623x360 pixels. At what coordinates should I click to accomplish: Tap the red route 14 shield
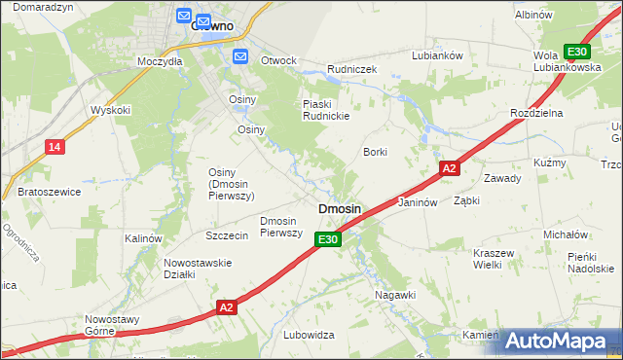tap(55, 147)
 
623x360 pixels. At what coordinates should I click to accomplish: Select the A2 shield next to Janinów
tap(448, 168)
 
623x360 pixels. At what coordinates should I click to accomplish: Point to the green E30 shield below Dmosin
tap(329, 239)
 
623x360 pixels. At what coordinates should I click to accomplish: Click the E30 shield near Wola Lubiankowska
tap(577, 52)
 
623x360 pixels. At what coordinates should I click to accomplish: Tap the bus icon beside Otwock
tap(241, 56)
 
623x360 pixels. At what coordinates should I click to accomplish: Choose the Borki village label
tap(376, 153)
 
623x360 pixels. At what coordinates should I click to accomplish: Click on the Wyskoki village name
tap(110, 110)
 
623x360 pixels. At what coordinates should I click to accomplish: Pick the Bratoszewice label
tap(49, 193)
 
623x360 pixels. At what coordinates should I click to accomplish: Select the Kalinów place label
tap(142, 238)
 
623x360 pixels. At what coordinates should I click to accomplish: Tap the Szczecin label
tap(226, 236)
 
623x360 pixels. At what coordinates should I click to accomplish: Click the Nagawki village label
tap(395, 294)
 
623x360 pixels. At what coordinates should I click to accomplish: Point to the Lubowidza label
tap(309, 335)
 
